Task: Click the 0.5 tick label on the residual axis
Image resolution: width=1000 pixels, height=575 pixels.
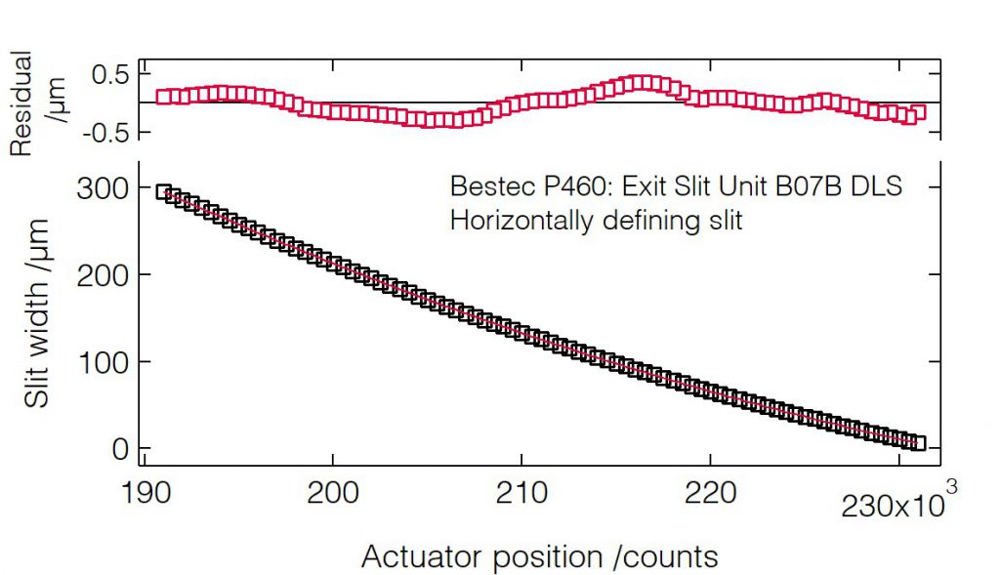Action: [108, 73]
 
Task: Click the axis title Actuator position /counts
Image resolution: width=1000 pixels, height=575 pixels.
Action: [540, 556]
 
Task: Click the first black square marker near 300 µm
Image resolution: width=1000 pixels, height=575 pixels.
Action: [164, 192]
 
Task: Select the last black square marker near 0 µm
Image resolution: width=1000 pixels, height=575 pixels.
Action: [917, 443]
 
